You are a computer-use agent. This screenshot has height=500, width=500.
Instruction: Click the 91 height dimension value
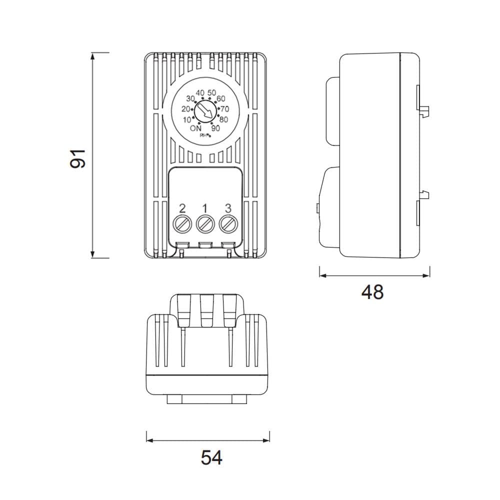coord(78,158)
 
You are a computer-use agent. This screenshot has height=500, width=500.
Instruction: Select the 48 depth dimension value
coord(372,292)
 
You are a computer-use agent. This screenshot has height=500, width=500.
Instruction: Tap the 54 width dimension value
coord(211,457)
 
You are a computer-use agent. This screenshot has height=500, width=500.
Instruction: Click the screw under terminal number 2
coord(182,224)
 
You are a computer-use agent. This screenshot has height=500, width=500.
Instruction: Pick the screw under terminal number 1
coord(205,224)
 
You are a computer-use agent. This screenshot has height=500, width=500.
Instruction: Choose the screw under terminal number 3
coord(228,224)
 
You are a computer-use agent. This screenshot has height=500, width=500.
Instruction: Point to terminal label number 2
coord(182,208)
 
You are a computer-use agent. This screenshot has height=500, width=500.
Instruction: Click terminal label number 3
coord(228,208)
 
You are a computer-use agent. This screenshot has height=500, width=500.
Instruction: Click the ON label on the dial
coord(195,128)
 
